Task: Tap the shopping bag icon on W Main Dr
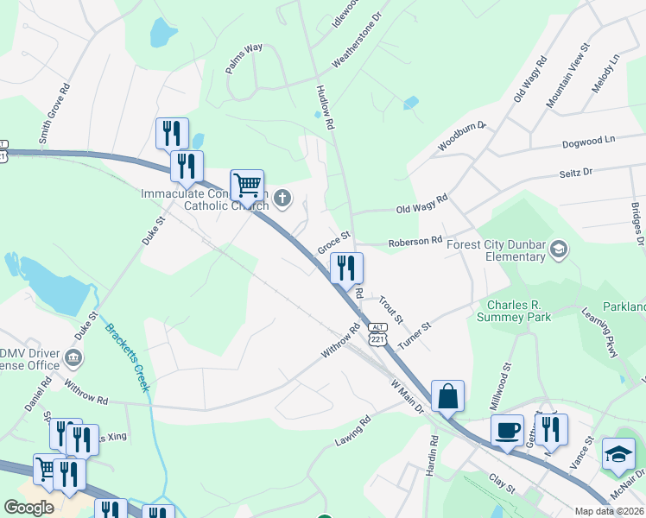447,397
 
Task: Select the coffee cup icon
507,430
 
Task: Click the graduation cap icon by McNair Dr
618,455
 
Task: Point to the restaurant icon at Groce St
346,268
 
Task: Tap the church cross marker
282,200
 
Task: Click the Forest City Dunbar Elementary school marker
558,250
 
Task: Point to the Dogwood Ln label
588,139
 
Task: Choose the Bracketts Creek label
128,357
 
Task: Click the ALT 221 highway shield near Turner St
377,335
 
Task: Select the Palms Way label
244,60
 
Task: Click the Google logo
28,508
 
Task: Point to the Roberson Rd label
415,243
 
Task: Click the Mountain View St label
567,75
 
